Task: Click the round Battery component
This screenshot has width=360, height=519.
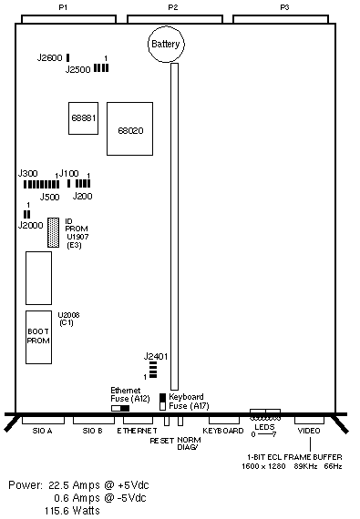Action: tap(166, 44)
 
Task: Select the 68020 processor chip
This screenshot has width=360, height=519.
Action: tap(129, 128)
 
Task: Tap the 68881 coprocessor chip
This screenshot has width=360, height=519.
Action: tap(84, 118)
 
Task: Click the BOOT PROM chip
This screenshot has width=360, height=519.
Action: tap(39, 337)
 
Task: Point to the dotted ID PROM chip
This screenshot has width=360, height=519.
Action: tap(54, 232)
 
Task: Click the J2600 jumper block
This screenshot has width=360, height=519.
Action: tap(67, 57)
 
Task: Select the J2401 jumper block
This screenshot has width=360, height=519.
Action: tap(153, 370)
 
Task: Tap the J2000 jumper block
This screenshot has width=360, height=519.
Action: tap(26, 214)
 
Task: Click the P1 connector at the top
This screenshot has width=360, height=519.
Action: tap(68, 19)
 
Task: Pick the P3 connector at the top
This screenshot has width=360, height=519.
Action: tap(281, 19)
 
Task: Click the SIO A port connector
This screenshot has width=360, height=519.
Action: tap(43, 421)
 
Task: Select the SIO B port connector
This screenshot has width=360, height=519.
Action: tap(94, 421)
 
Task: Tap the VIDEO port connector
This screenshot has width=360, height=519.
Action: tap(309, 421)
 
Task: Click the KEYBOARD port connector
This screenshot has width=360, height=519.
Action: tap(224, 421)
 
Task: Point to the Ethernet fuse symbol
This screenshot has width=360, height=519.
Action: tap(120, 408)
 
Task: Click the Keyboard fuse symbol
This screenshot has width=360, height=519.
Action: tap(162, 402)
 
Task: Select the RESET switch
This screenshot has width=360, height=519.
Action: tap(167, 421)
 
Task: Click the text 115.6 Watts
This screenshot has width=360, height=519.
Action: tap(72, 511)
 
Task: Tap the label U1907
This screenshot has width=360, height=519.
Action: tap(77, 237)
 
